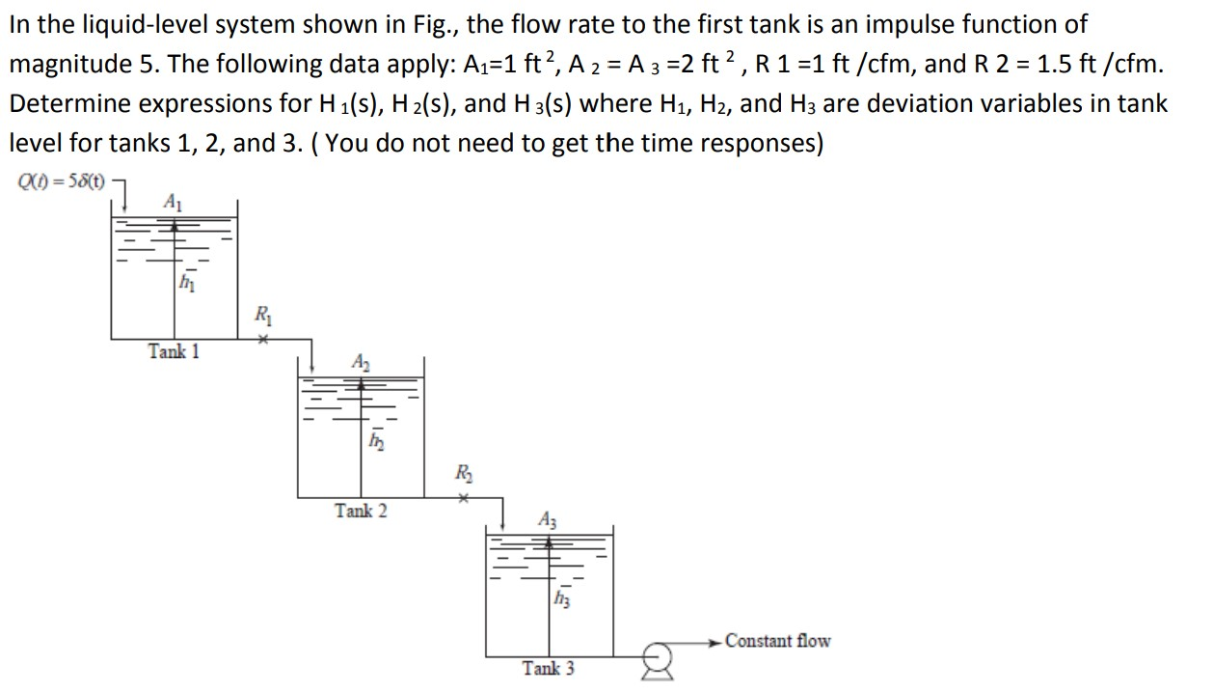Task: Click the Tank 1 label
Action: pyautogui.click(x=174, y=351)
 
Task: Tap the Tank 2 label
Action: pyautogui.click(x=361, y=511)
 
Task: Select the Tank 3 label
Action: pyautogui.click(x=548, y=668)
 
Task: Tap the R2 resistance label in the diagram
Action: pyautogui.click(x=464, y=473)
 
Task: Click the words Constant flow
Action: pyautogui.click(x=777, y=641)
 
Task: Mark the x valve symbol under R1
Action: pyautogui.click(x=260, y=339)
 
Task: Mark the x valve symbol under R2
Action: pyautogui.click(x=463, y=499)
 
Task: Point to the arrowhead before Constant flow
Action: pyautogui.click(x=714, y=641)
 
